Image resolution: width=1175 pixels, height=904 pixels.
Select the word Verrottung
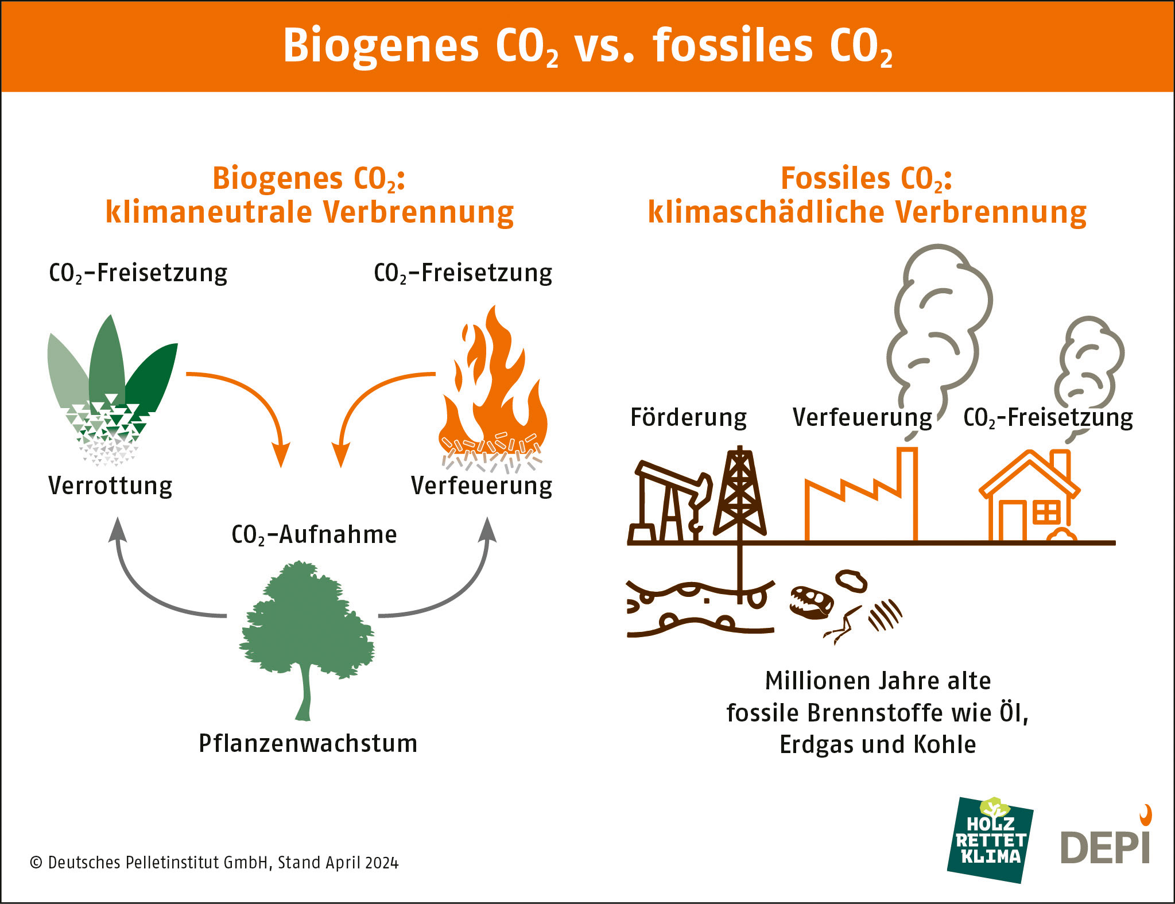pos(110,486)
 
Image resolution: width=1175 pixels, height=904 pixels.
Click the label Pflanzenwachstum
pos(308,743)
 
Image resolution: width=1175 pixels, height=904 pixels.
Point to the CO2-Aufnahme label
pos(314,535)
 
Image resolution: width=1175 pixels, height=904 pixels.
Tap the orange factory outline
pos(861,505)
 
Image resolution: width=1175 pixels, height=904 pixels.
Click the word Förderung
pos(688,417)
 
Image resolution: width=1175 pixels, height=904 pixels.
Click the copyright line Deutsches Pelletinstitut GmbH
pos(214,863)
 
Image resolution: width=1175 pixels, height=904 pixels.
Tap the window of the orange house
pos(1046,513)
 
